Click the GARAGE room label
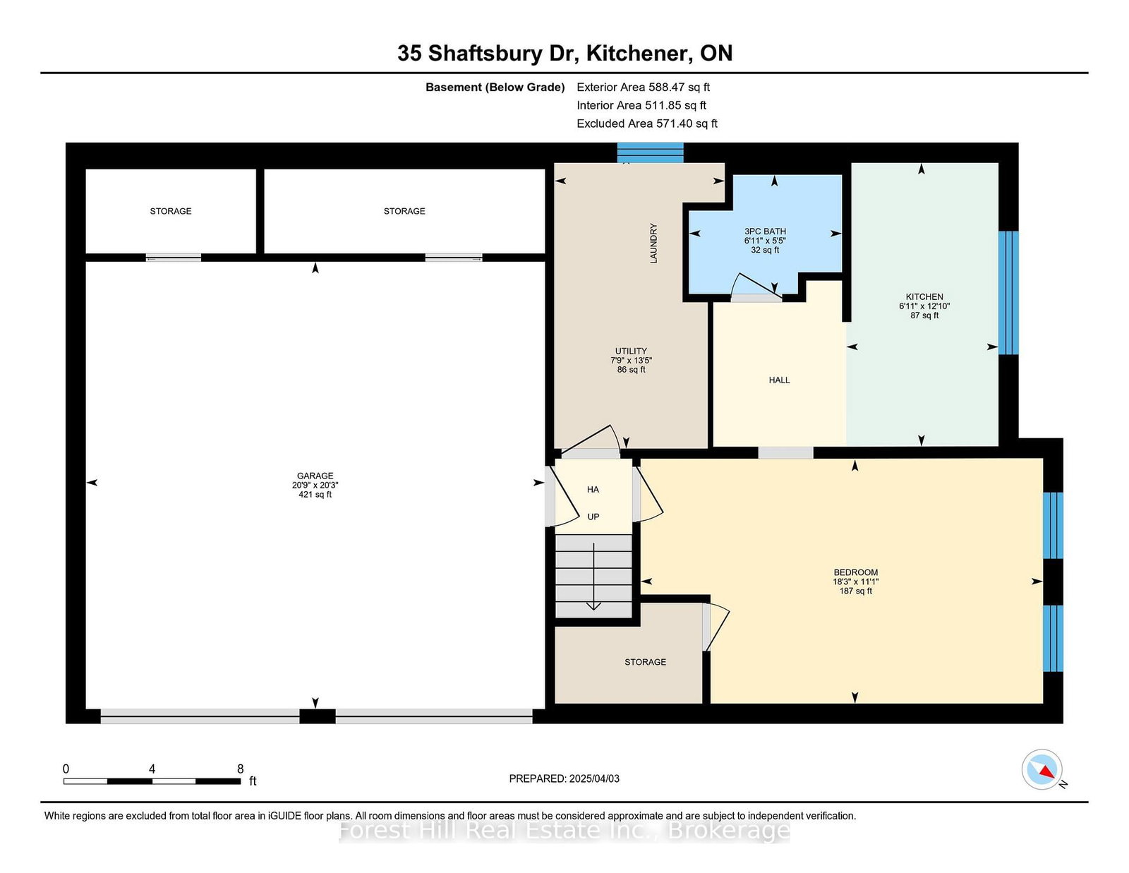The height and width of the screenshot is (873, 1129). tap(315, 476)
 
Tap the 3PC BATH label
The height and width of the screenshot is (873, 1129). tap(765, 231)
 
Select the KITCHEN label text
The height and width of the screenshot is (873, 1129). tap(924, 296)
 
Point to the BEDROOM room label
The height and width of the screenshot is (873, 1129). tap(855, 572)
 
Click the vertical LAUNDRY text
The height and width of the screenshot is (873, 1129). tap(653, 243)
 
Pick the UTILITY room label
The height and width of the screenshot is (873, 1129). tap(631, 351)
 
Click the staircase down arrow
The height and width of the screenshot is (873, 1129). tap(593, 577)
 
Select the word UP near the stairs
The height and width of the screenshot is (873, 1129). tap(593, 517)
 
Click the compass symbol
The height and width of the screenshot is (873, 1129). tap(1042, 769)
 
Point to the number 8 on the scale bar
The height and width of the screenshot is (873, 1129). tap(240, 769)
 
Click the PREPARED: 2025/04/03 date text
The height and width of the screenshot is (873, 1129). tap(564, 778)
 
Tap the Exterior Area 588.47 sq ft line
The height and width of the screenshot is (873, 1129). tap(644, 88)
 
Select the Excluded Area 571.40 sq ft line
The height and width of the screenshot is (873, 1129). tap(647, 124)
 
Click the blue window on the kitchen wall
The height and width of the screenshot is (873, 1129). tap(1008, 293)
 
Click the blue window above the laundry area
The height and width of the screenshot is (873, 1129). tap(650, 152)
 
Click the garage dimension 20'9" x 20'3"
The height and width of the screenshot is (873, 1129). tap(315, 485)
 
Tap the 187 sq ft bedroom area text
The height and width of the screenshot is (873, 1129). tap(855, 591)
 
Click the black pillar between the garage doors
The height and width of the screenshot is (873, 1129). tap(318, 716)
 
